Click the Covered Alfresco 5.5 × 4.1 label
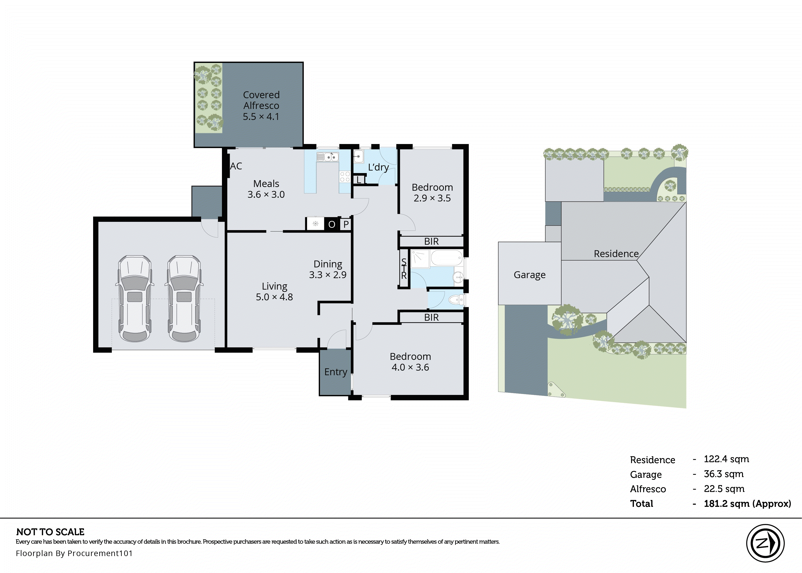(261, 106)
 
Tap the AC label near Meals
(236, 166)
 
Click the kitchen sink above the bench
(328, 157)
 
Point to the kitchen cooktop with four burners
(345, 177)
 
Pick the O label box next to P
(332, 224)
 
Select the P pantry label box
(346, 224)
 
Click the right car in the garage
(184, 299)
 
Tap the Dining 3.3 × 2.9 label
(328, 269)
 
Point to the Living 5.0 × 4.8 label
(274, 291)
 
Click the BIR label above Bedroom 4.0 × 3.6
(431, 318)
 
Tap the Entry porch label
(335, 372)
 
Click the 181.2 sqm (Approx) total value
(747, 503)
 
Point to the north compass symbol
(765, 543)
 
